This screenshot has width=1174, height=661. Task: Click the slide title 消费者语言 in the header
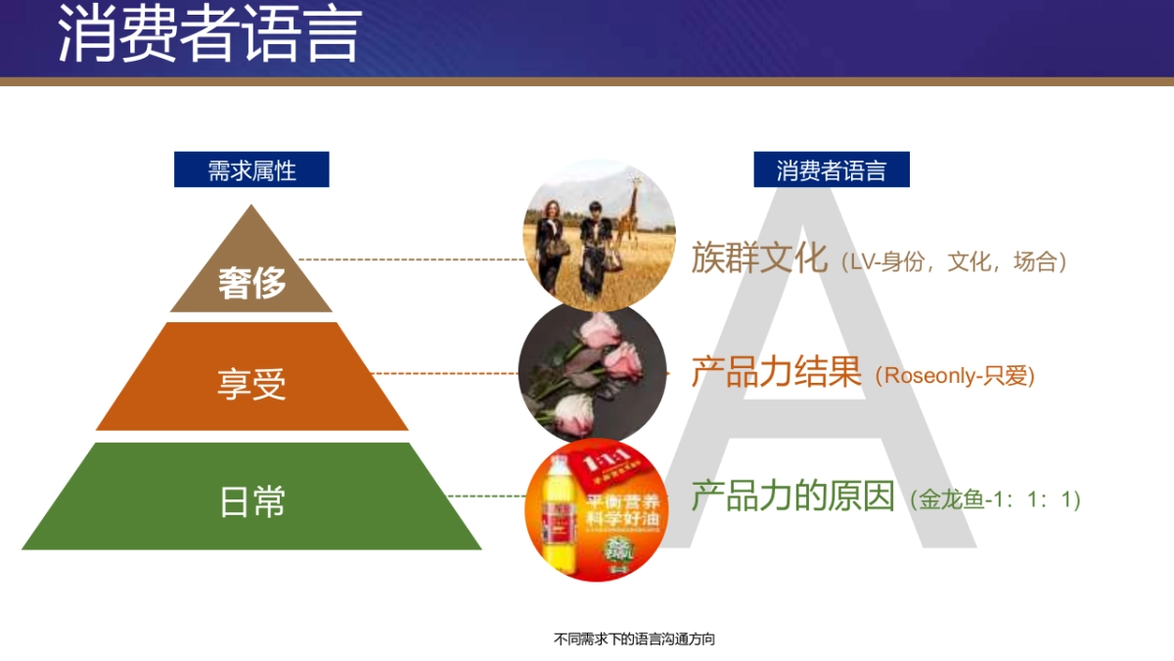click(209, 35)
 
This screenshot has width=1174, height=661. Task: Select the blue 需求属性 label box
click(251, 169)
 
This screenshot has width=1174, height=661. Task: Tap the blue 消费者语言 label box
click(831, 169)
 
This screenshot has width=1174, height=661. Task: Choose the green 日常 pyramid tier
click(251, 499)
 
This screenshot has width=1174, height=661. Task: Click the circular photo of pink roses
click(593, 372)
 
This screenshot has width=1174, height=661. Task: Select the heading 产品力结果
click(776, 372)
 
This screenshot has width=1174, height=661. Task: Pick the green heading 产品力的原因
click(792, 496)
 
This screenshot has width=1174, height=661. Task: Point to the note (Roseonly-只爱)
click(955, 375)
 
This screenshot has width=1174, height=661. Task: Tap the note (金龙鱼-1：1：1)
click(994, 499)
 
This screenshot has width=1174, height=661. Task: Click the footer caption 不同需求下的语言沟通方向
click(634, 639)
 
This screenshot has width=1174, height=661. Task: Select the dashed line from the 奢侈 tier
click(411, 260)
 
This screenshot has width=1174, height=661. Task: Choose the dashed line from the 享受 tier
click(445, 373)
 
